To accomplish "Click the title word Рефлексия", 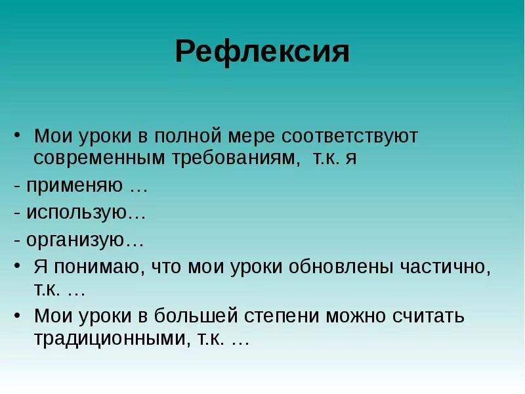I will coord(262,51).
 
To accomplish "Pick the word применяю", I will coord(75,186).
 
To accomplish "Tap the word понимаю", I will coord(92,267).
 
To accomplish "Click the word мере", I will coord(255,137).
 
